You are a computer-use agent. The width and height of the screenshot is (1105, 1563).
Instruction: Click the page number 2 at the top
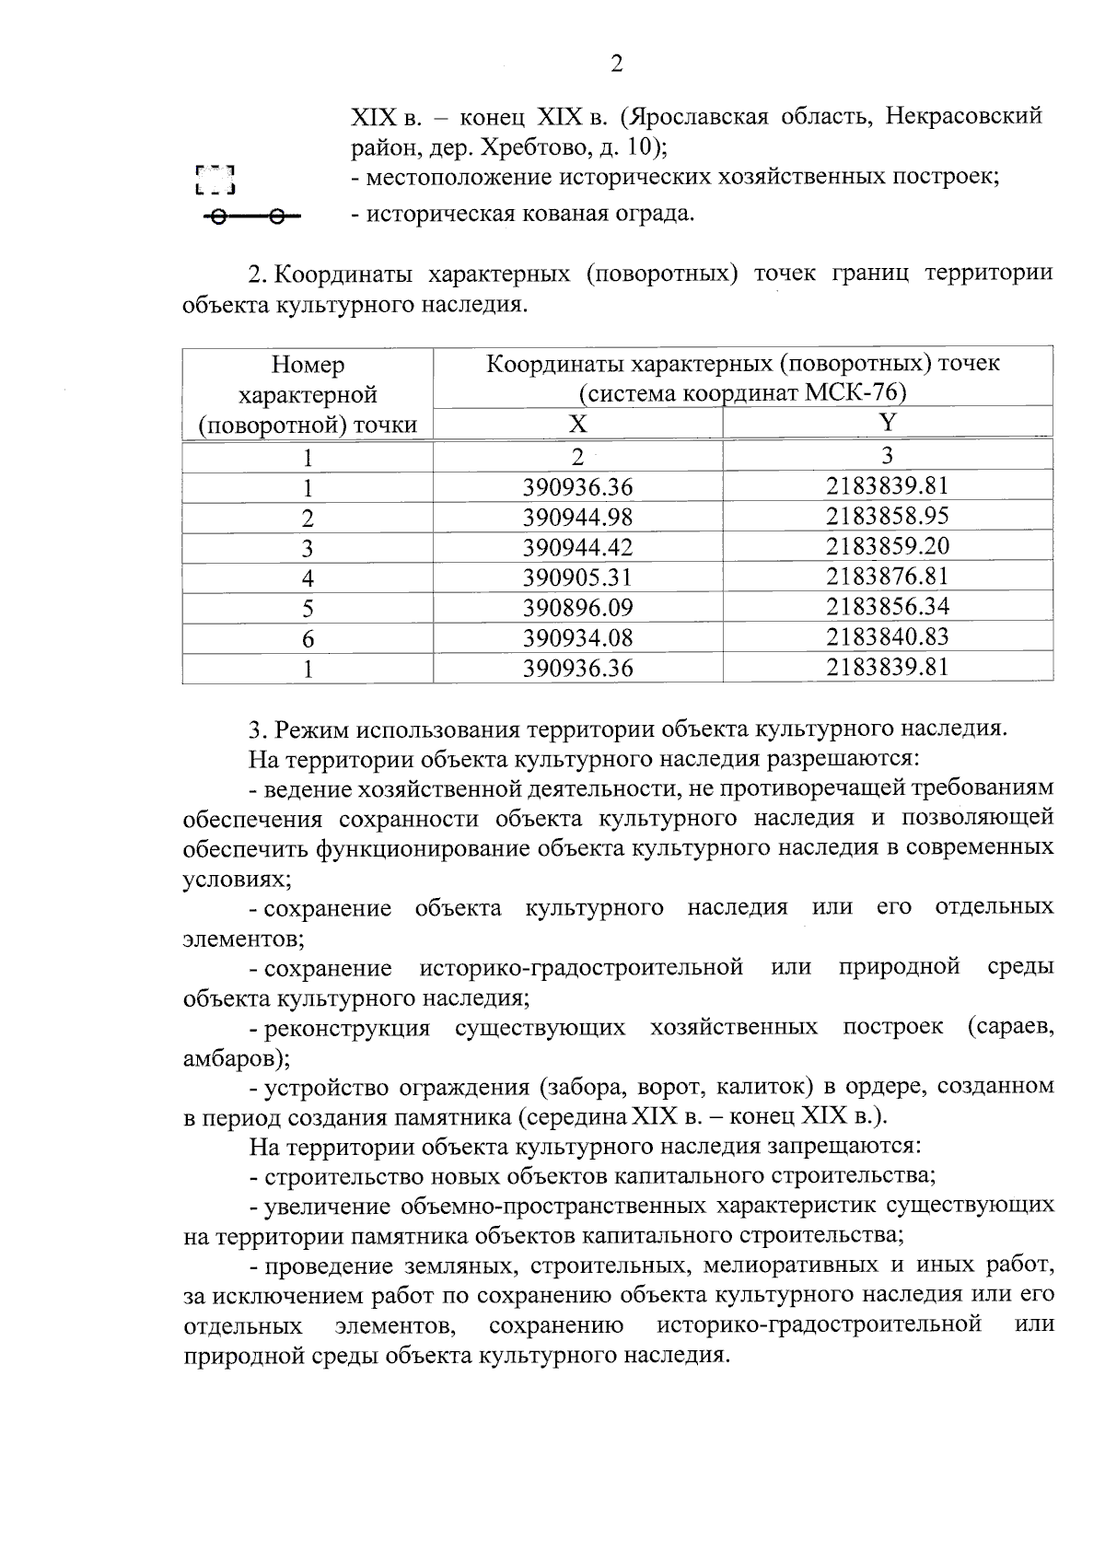(x=616, y=64)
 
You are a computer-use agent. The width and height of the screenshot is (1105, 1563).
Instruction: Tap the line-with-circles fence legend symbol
(x=250, y=217)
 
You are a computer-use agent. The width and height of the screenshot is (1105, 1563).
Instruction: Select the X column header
(x=576, y=424)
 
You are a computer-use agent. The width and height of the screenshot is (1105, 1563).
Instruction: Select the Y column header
(x=887, y=423)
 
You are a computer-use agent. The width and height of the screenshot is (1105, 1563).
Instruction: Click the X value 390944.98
(x=577, y=518)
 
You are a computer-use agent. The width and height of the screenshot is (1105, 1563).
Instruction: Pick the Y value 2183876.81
(x=887, y=577)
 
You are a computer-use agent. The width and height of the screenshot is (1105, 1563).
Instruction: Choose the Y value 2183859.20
(x=887, y=547)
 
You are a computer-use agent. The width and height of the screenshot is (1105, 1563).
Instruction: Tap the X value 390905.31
(x=577, y=578)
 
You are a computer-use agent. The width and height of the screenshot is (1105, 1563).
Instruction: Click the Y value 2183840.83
(x=887, y=637)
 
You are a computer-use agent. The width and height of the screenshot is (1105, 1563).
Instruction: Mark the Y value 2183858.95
(x=887, y=517)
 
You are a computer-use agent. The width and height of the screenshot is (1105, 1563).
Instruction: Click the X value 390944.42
(x=577, y=548)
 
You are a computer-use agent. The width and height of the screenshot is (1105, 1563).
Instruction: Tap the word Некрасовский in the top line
(x=962, y=117)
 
